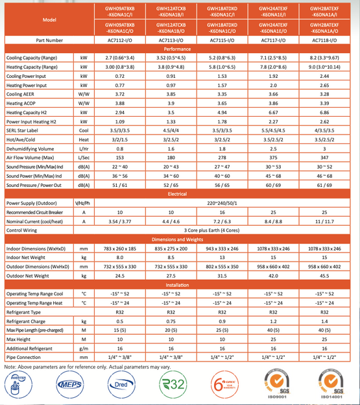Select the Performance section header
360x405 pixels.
pyautogui.click(x=177, y=49)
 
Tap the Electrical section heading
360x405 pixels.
pyautogui.click(x=177, y=193)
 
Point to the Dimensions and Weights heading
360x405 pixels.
pyautogui.click(x=177, y=239)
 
